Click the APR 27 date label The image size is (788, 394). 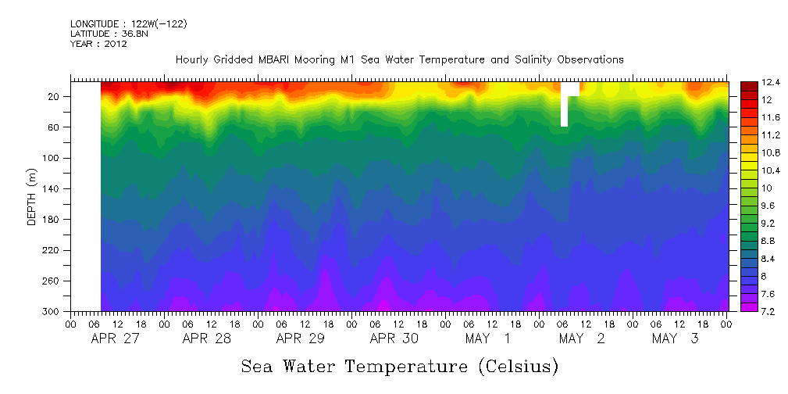[114, 338]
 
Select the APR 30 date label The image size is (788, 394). [394, 338]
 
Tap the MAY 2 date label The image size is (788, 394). [582, 338]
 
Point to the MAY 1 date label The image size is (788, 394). [488, 338]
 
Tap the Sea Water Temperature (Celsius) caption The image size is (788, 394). [399, 367]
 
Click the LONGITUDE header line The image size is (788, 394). [128, 24]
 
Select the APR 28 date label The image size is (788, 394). [207, 338]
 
